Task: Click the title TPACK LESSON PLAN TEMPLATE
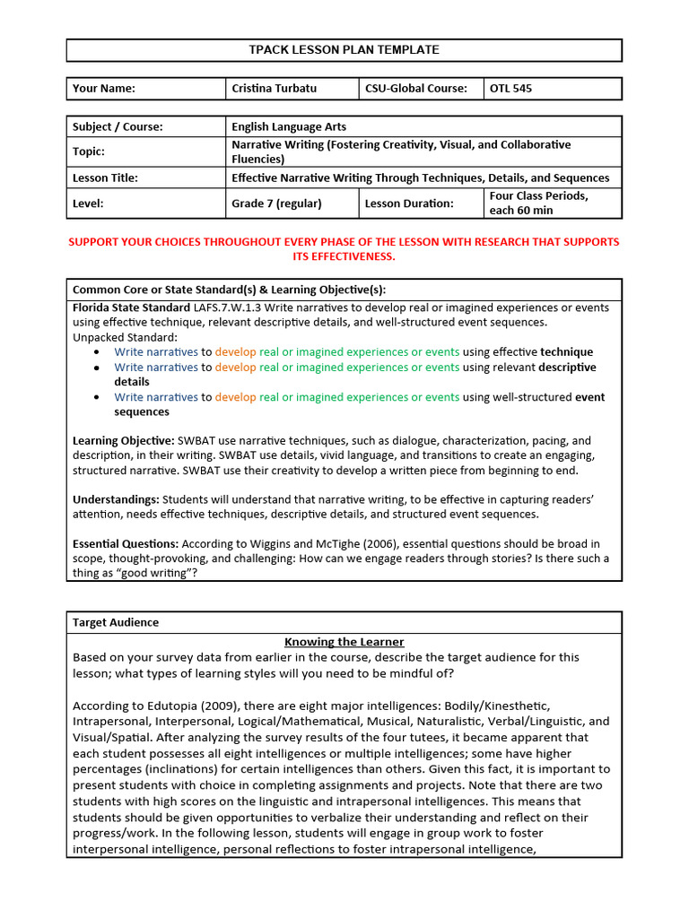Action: [344, 50]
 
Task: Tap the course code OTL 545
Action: [512, 89]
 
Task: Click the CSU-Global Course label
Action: [415, 89]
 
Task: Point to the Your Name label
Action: [103, 89]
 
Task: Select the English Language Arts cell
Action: [289, 127]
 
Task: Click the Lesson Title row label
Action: [105, 178]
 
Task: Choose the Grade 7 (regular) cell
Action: [276, 204]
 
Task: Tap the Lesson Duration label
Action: [409, 204]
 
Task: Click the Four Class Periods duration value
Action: [538, 204]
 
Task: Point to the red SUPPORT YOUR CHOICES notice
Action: [344, 249]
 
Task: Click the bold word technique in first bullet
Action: [566, 352]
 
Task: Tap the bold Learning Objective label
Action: [123, 441]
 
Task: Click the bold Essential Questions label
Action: [125, 544]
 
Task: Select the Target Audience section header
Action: [115, 622]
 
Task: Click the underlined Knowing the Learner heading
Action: [344, 642]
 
